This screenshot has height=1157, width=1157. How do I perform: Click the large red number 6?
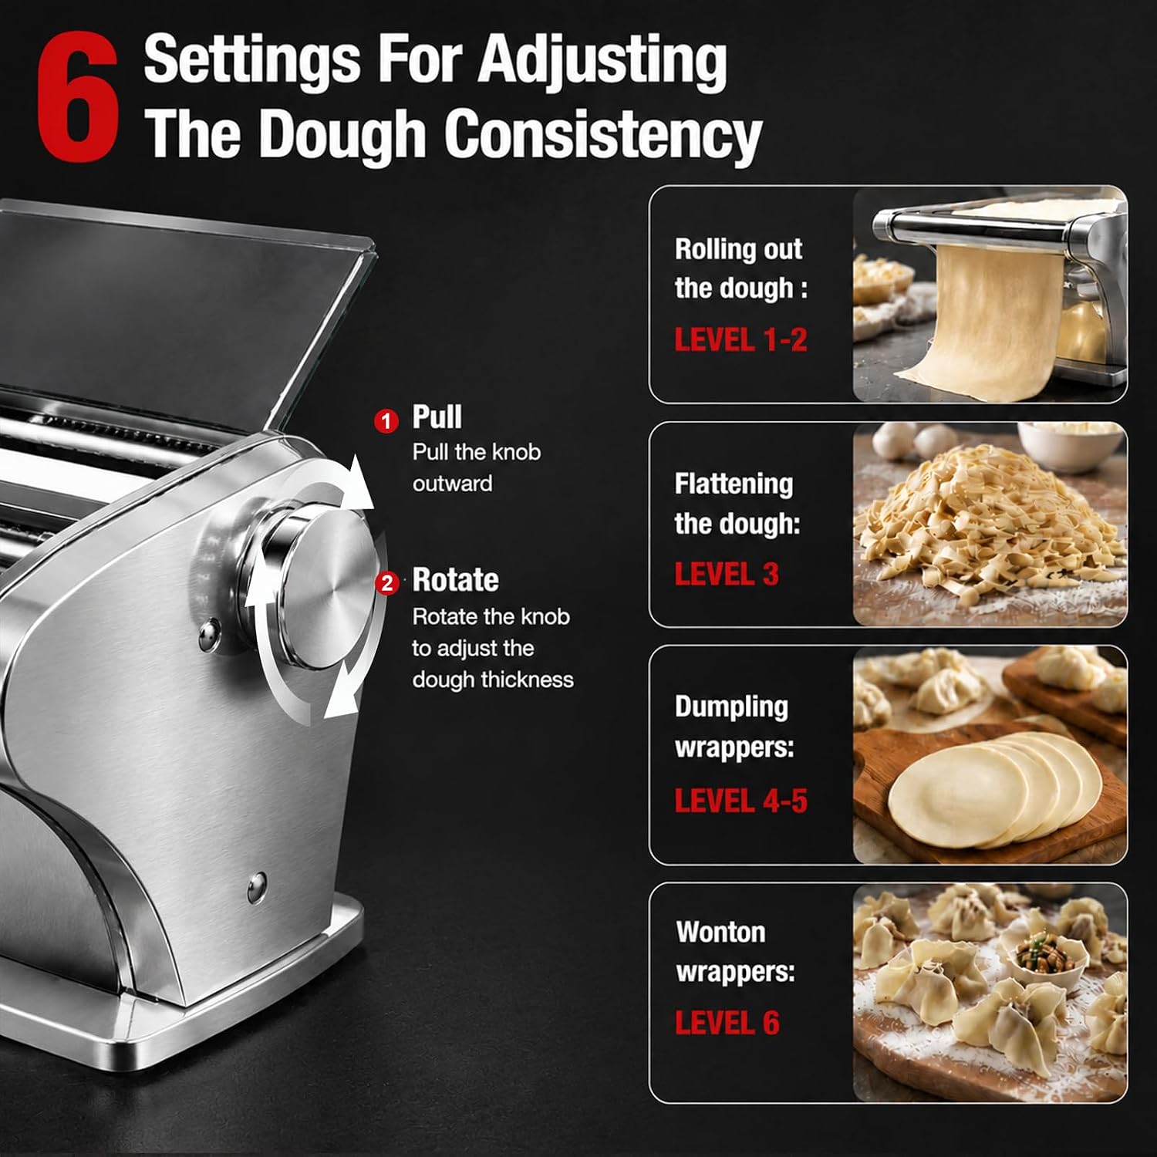(x=78, y=98)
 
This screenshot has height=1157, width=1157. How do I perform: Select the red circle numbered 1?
(x=386, y=421)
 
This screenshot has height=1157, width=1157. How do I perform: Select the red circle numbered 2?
(x=387, y=582)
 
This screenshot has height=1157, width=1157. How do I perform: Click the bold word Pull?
(x=437, y=417)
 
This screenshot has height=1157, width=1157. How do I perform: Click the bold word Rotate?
(x=455, y=580)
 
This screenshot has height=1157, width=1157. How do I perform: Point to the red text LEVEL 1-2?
(x=740, y=340)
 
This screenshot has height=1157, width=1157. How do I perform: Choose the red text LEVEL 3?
(x=727, y=575)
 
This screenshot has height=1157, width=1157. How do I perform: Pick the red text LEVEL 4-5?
(x=740, y=801)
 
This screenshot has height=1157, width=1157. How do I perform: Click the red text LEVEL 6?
(x=727, y=1023)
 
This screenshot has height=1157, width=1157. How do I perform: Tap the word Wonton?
(x=720, y=932)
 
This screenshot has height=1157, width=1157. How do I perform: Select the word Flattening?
(x=734, y=484)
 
